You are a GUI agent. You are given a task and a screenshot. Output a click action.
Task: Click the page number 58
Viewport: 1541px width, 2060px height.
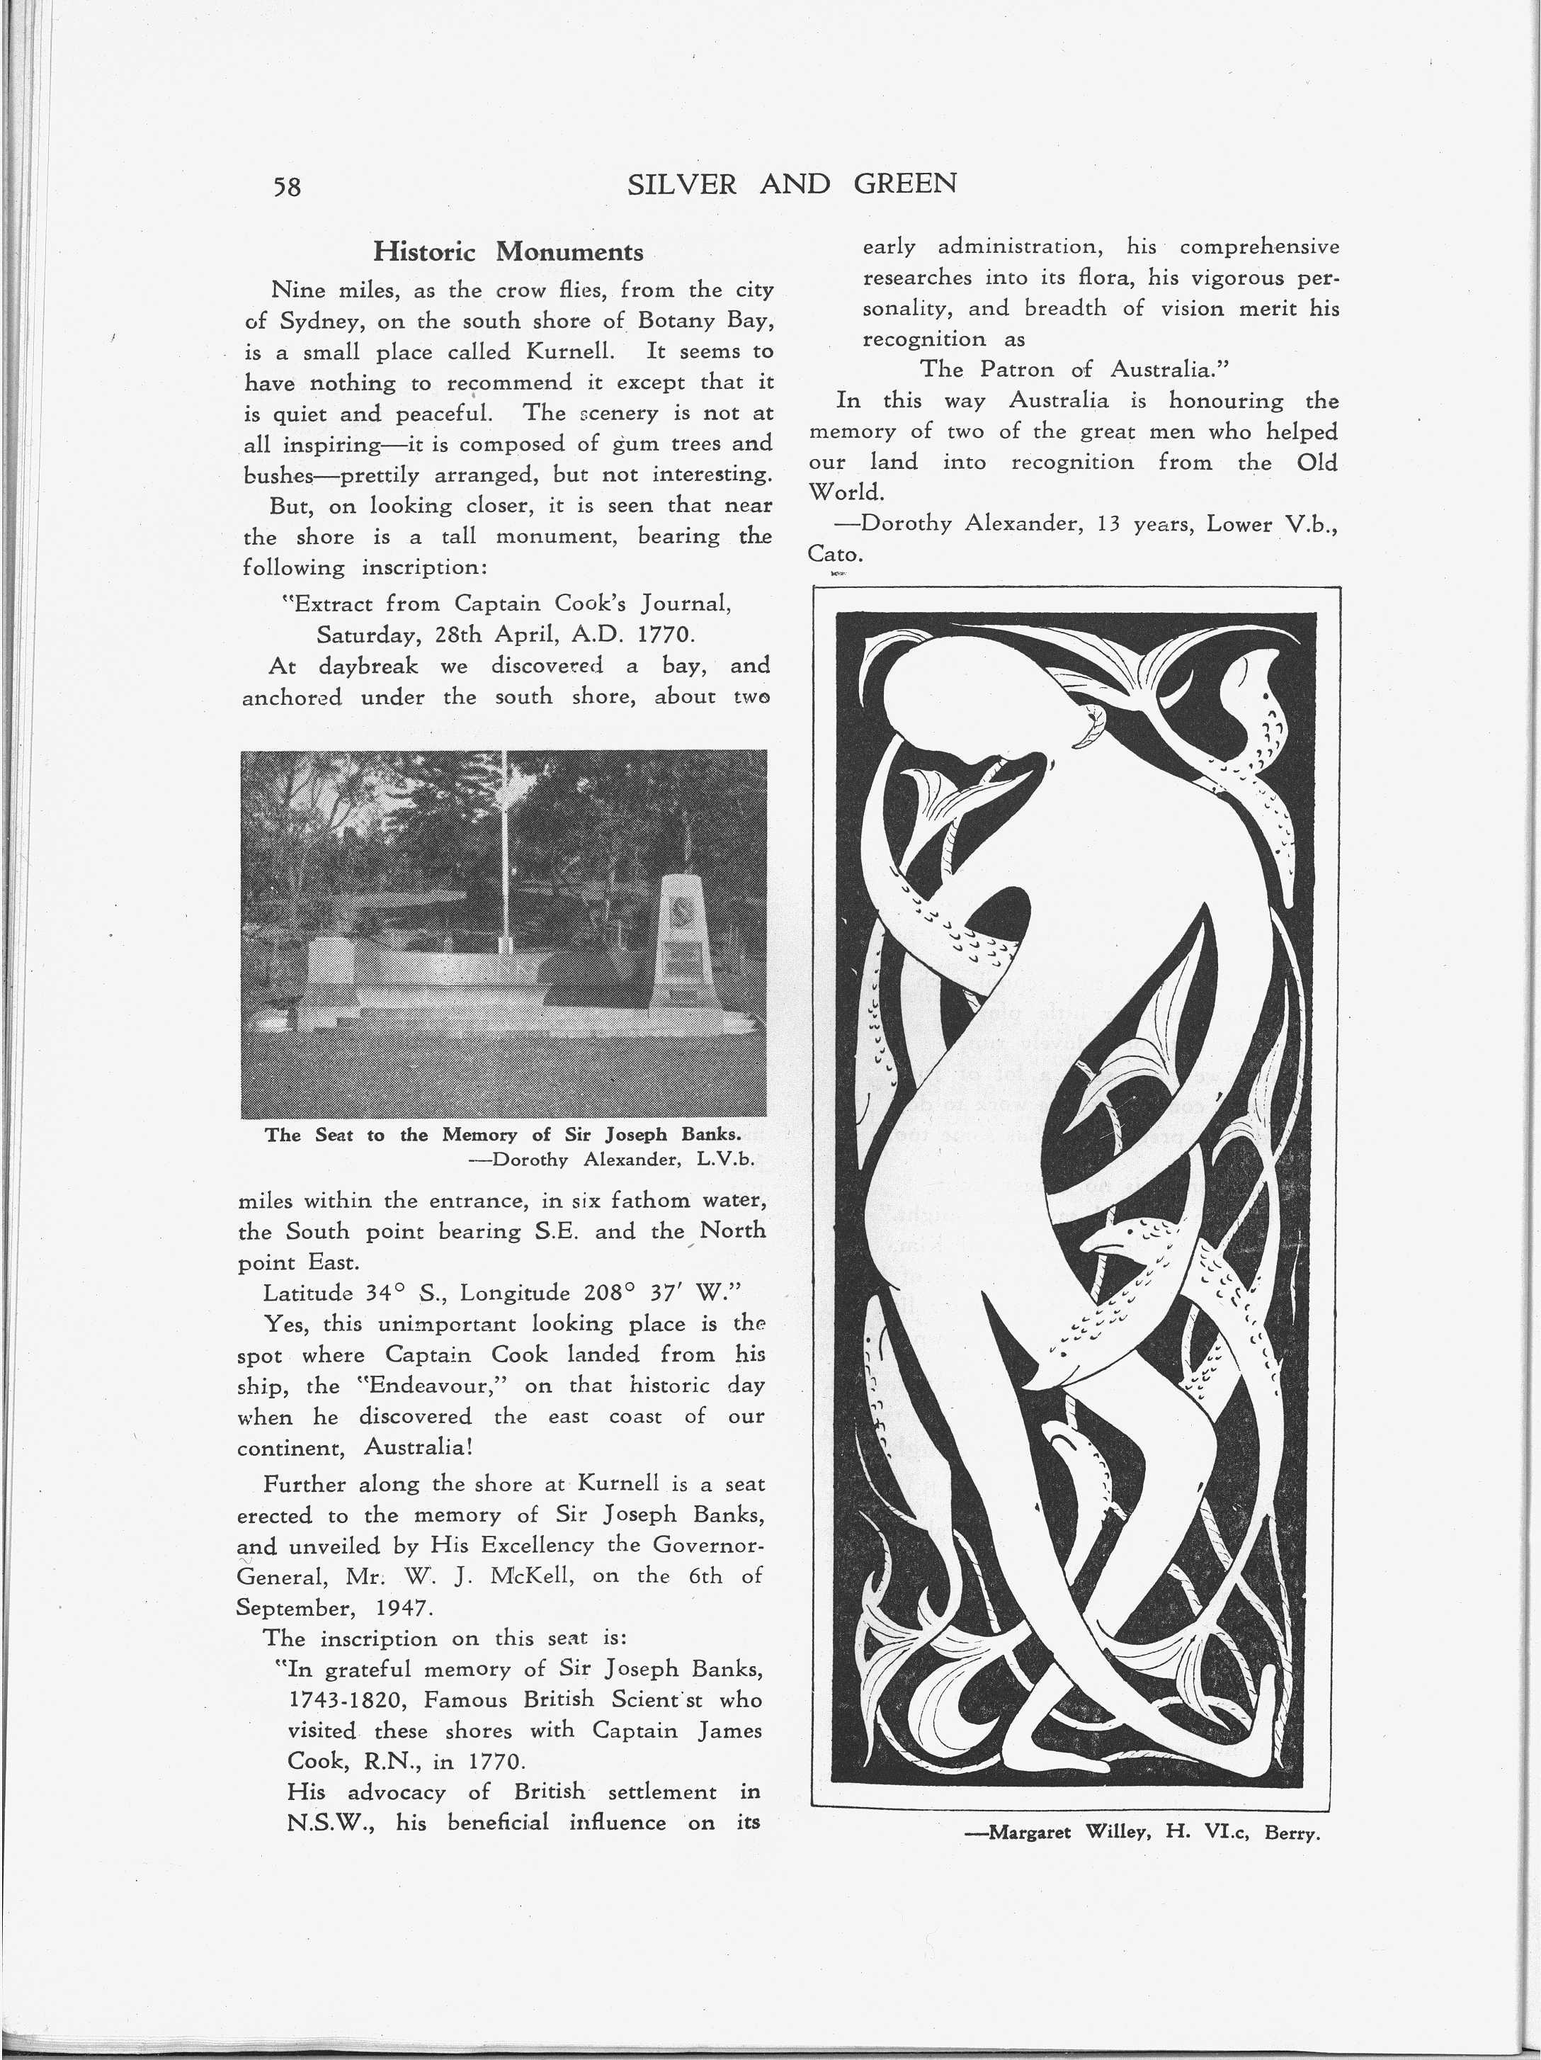[287, 186]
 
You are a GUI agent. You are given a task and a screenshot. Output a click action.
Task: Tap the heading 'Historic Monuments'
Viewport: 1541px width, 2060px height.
[508, 251]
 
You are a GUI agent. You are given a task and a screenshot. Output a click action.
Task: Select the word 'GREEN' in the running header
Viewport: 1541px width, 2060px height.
[905, 183]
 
